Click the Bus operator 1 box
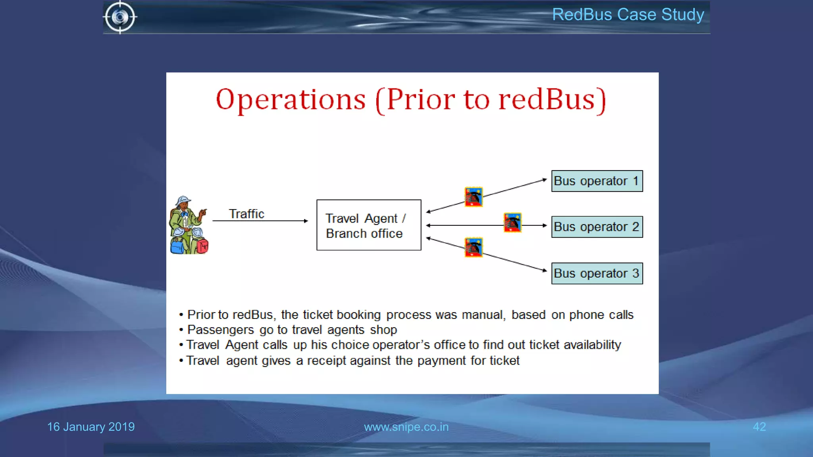(597, 181)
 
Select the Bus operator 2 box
(597, 227)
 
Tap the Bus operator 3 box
(597, 273)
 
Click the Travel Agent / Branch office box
(368, 225)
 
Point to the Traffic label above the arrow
(247, 214)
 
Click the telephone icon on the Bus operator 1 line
(474, 197)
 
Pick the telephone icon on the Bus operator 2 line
(512, 223)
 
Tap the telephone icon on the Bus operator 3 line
(474, 247)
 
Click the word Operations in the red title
(291, 100)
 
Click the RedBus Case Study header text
(628, 15)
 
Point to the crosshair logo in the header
(120, 17)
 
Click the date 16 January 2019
(91, 427)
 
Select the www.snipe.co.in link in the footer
(406, 427)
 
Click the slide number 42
(759, 427)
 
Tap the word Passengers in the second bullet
(220, 330)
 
